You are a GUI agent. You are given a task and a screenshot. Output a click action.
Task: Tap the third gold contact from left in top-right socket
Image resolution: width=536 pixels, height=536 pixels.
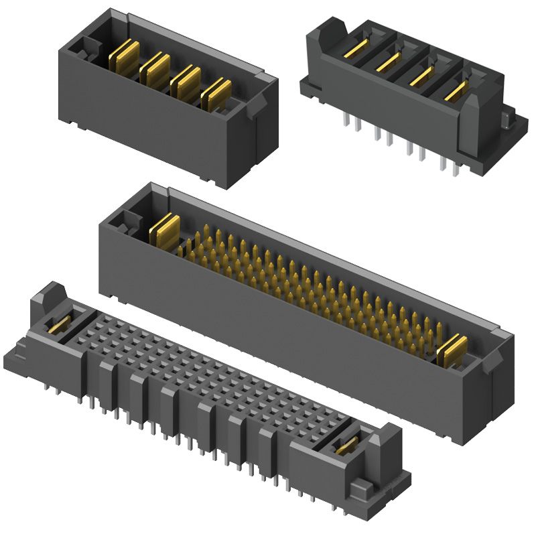tap(421, 76)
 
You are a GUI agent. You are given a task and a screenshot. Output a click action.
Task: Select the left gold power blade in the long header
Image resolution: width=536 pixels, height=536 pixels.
tap(164, 230)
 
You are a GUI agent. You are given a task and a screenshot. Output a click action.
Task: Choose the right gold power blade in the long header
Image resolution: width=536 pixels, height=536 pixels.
tap(454, 351)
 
